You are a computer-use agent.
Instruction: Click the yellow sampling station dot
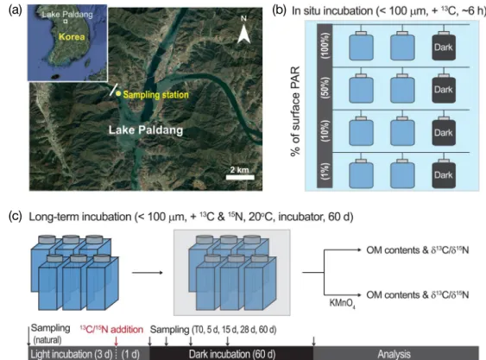(118, 93)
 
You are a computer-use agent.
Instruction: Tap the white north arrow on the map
(244, 35)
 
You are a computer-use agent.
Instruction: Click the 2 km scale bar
(240, 177)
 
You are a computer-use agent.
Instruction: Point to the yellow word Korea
(72, 36)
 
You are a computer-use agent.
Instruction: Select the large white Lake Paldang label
(146, 129)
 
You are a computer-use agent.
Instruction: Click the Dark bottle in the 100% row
(444, 46)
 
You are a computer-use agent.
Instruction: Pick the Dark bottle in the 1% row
(444, 174)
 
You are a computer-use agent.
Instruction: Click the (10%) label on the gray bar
(325, 131)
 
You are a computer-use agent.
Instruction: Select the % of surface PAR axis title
(295, 111)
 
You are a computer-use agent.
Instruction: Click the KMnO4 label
(342, 303)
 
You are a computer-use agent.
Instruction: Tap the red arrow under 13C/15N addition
(117, 341)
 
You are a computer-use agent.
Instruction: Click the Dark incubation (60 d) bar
(231, 353)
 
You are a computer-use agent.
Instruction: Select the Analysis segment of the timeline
(396, 353)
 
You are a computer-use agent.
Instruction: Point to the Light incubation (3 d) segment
(73, 353)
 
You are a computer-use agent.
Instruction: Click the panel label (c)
(16, 216)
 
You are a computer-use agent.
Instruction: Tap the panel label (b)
(279, 10)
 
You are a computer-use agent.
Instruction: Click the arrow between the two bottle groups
(148, 273)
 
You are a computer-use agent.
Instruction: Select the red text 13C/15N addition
(111, 329)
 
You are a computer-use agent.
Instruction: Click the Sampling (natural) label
(50, 333)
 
